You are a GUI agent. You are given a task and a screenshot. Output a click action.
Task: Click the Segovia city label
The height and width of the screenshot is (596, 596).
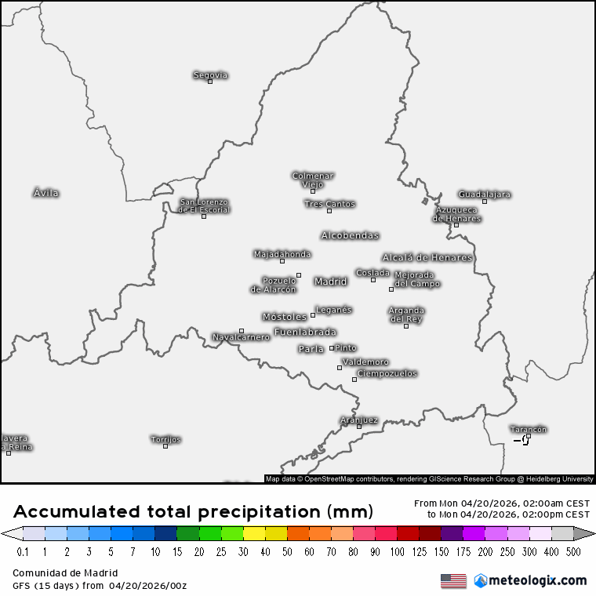click(210, 75)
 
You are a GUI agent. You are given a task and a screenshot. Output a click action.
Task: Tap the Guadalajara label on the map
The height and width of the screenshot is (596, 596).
click(484, 194)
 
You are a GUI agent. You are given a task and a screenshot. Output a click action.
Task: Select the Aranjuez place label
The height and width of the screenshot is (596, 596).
click(358, 420)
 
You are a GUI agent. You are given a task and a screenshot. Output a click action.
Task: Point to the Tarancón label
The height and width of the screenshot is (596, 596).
click(528, 429)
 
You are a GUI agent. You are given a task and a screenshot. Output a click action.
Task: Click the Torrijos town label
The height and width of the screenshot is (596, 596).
click(165, 439)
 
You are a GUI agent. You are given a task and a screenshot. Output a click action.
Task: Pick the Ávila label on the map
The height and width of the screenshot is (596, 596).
click(46, 193)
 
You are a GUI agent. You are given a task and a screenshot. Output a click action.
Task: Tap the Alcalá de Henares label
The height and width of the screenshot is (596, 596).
click(427, 257)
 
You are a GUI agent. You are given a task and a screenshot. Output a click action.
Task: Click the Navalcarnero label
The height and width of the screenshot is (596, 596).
click(241, 337)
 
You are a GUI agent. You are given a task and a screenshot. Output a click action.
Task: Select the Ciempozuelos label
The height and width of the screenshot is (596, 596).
click(387, 373)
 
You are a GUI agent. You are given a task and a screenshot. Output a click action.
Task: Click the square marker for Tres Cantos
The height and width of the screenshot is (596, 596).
click(329, 211)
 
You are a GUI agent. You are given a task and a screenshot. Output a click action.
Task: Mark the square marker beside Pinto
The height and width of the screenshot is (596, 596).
click(332, 347)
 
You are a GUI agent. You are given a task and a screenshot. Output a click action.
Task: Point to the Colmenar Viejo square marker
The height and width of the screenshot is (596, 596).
click(313, 191)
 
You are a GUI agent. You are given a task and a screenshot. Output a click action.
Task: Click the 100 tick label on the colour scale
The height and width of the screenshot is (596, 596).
click(397, 552)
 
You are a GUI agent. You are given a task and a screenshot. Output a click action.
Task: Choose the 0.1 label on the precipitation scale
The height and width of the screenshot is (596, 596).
click(23, 552)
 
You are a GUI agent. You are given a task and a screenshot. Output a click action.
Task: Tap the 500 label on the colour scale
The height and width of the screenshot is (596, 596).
click(573, 552)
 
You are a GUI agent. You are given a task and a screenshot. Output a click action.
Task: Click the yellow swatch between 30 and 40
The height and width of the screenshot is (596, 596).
click(253, 534)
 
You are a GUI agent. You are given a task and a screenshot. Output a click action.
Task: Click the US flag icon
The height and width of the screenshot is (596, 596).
click(453, 581)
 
